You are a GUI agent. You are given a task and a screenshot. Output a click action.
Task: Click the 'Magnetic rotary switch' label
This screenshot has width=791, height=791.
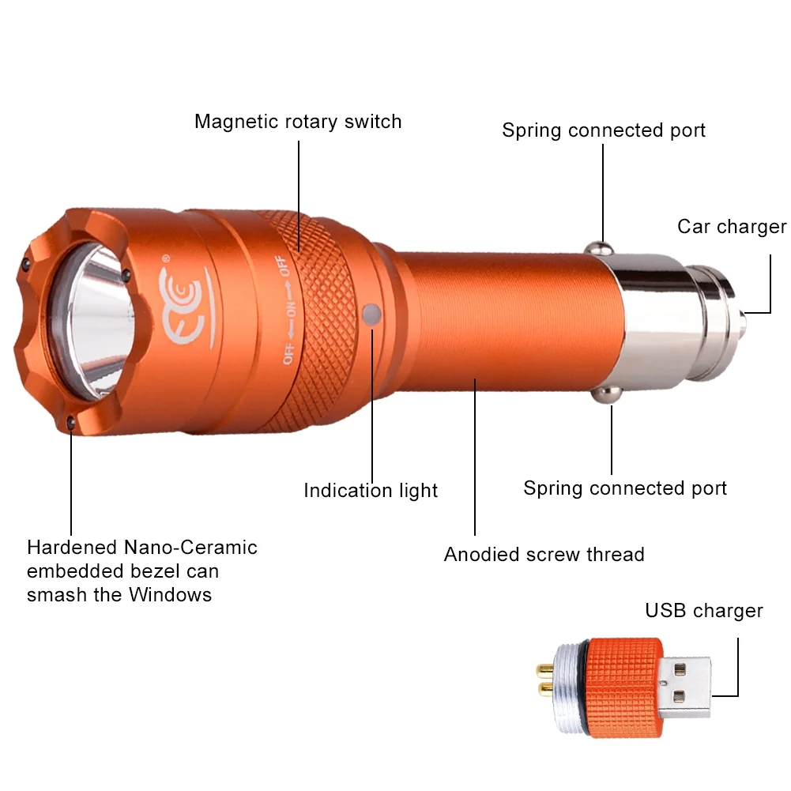[x=298, y=122]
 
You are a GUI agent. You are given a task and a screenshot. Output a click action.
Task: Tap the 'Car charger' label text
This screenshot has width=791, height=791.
[x=732, y=227]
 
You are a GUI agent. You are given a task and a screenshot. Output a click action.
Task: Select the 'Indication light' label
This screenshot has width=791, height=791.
[x=371, y=491]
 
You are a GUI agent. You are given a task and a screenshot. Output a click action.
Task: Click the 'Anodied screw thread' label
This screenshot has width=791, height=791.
[x=544, y=555]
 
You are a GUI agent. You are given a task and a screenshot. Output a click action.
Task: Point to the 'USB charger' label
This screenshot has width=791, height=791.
[x=704, y=610]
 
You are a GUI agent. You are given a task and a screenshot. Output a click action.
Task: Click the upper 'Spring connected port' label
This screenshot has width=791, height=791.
[x=604, y=130]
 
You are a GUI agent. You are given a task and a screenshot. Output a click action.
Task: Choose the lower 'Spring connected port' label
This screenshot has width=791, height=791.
[x=625, y=488]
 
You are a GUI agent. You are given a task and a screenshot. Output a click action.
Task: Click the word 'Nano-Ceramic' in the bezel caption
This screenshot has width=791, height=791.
[x=190, y=548]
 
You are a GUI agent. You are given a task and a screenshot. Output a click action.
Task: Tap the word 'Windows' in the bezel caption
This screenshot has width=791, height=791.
[x=170, y=595]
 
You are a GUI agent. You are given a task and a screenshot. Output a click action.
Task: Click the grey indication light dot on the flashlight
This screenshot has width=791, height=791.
[x=371, y=315]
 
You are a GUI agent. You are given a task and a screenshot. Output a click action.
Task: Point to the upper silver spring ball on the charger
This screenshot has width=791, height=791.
[x=599, y=249]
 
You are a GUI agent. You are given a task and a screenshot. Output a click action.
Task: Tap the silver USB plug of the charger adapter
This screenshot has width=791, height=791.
[x=685, y=687]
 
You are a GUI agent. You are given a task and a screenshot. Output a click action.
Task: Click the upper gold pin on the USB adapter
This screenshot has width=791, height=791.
[x=545, y=670]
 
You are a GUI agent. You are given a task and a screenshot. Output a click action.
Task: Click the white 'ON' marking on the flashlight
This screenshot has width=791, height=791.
[x=292, y=309]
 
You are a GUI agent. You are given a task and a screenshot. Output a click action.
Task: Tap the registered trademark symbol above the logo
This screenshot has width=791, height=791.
[x=166, y=258]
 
